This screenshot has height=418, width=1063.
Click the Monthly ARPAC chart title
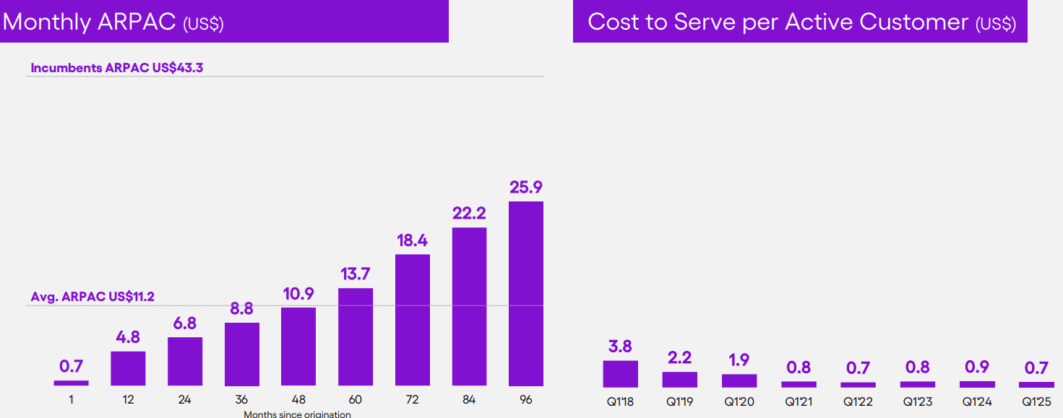[113, 22]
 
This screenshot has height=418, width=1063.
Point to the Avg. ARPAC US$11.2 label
[92, 297]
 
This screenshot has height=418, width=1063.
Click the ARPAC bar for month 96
[526, 294]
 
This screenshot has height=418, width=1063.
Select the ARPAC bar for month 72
[413, 320]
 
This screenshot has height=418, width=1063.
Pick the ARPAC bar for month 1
[71, 383]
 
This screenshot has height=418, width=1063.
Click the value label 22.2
[469, 213]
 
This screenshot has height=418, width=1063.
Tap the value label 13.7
[356, 274]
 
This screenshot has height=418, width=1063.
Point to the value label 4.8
[128, 337]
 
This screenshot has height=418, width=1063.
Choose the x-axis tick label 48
[298, 399]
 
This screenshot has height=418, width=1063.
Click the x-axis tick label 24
[184, 399]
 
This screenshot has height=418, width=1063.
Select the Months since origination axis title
[297, 414]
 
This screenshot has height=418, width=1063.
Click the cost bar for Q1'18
[621, 374]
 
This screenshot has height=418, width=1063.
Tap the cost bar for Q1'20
[739, 380]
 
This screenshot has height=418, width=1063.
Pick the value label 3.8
[621, 347]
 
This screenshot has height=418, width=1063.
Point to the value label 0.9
[977, 367]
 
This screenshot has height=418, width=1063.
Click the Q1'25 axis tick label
[1036, 401]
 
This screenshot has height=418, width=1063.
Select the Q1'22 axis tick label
[858, 401]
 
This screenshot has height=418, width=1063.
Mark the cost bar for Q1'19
[680, 380]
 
